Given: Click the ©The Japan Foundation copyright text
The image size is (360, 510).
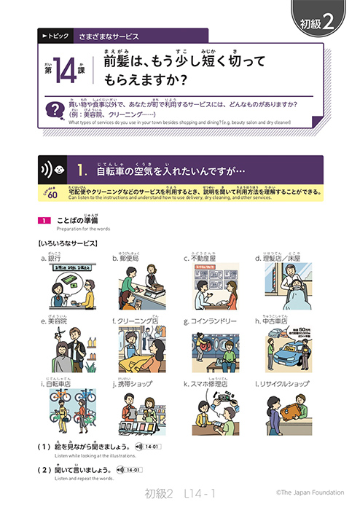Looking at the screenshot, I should (x=299, y=493).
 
